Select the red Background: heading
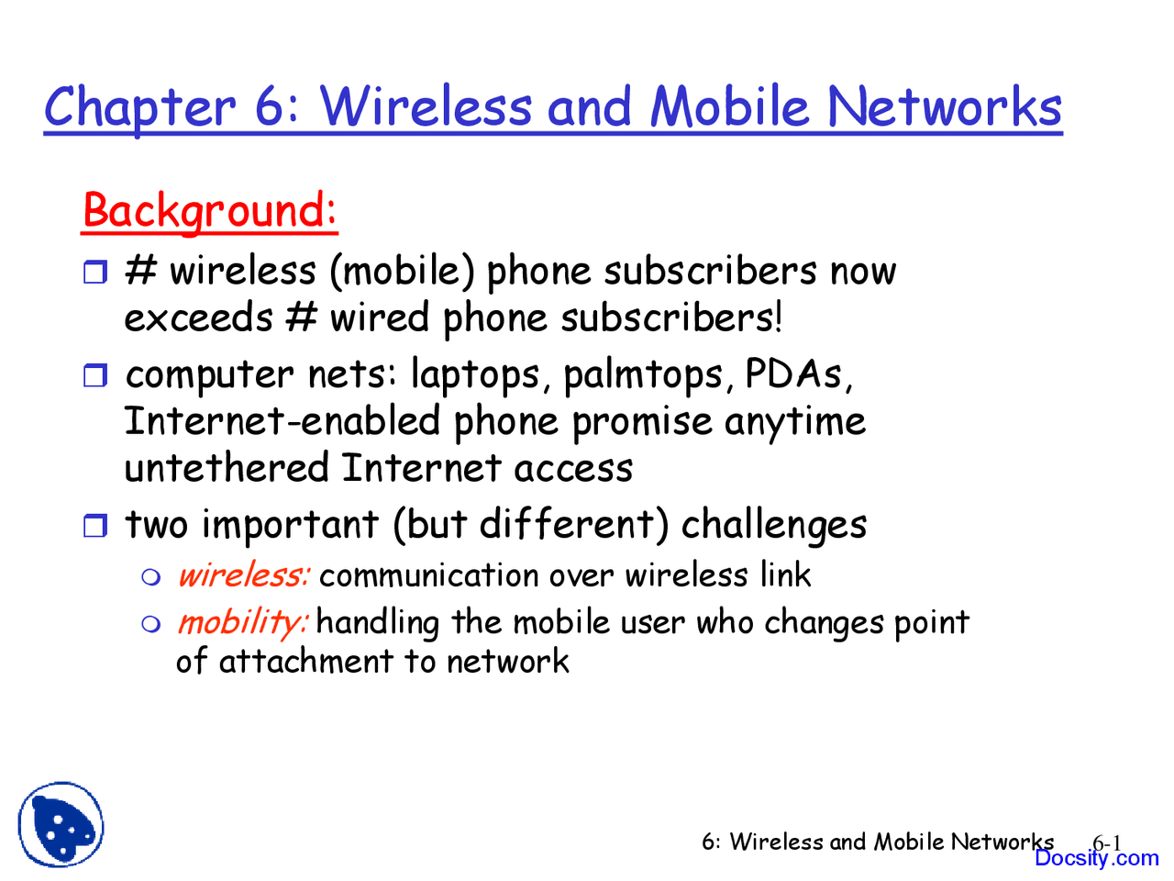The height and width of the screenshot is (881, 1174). pyautogui.click(x=210, y=210)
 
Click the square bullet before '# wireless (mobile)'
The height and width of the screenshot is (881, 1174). pyautogui.click(x=95, y=272)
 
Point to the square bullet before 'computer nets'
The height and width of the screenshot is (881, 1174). pyautogui.click(x=95, y=375)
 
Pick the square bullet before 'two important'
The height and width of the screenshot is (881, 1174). pyautogui.click(x=95, y=526)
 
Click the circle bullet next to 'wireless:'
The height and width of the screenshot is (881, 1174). pyautogui.click(x=151, y=577)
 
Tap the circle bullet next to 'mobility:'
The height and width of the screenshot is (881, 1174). pyautogui.click(x=151, y=624)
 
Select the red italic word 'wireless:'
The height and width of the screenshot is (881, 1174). pyautogui.click(x=243, y=575)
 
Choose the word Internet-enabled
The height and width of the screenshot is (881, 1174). pyautogui.click(x=282, y=421)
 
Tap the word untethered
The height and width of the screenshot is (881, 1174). pyautogui.click(x=227, y=468)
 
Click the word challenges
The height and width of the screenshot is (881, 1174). pyautogui.click(x=773, y=526)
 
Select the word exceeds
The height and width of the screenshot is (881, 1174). pyautogui.click(x=198, y=318)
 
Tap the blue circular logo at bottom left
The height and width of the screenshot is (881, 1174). pyautogui.click(x=61, y=825)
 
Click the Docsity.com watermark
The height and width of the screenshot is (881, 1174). pyautogui.click(x=1096, y=859)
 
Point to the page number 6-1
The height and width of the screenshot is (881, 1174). pyautogui.click(x=1107, y=842)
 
